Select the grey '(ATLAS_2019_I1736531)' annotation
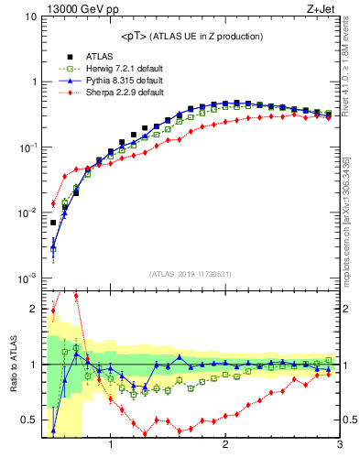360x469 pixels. (x=190, y=274)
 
